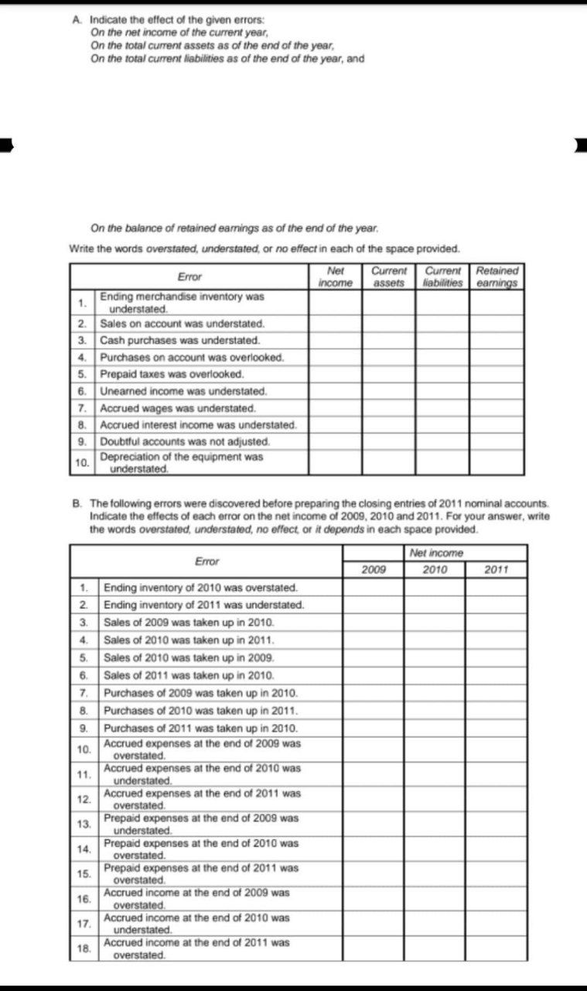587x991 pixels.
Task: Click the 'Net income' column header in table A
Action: pos(336,277)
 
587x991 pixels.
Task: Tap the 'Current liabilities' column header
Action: pos(444,277)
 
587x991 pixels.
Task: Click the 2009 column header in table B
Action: pos(374,571)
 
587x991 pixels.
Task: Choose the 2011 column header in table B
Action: pos(496,571)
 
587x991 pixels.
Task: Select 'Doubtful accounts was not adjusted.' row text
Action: pos(185,441)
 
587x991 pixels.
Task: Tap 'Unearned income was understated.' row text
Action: pos(183,391)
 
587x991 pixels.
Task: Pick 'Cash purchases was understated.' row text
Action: pos(179,340)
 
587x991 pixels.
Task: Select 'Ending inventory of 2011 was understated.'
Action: pos(203,605)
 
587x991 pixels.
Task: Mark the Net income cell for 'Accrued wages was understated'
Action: pos(336,408)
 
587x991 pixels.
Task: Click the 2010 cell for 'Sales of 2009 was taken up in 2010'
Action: pos(435,622)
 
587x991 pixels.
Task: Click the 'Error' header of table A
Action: pos(189,276)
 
